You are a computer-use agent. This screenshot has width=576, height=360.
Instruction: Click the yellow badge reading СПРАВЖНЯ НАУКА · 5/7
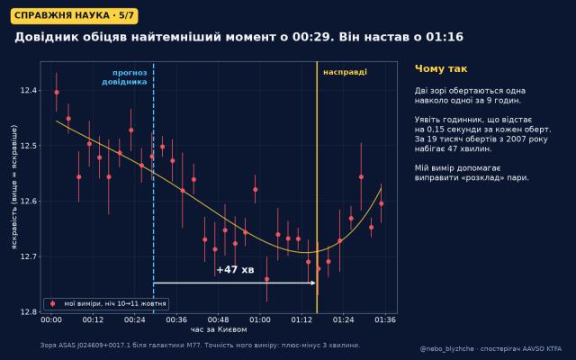click(75, 16)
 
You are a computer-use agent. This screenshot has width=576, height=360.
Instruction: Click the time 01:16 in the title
click(445, 37)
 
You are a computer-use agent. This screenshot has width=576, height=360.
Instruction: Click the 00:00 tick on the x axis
click(51, 320)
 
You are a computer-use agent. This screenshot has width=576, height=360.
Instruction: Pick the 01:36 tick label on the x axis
click(385, 320)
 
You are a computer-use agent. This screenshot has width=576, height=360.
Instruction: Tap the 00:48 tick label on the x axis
click(218, 320)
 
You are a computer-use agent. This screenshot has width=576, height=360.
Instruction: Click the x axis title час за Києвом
click(219, 329)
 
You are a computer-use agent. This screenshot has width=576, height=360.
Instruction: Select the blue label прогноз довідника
click(124, 77)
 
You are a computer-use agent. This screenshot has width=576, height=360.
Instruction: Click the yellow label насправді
click(345, 72)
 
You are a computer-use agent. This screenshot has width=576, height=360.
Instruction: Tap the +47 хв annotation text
click(235, 270)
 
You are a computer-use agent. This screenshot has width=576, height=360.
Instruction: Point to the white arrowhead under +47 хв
click(313, 283)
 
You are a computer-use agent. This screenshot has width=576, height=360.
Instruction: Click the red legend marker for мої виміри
click(52, 304)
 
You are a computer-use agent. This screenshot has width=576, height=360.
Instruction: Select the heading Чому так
click(441, 68)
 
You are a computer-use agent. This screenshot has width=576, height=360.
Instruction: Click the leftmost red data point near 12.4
click(57, 92)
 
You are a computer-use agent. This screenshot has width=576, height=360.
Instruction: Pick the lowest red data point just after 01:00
click(267, 279)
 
